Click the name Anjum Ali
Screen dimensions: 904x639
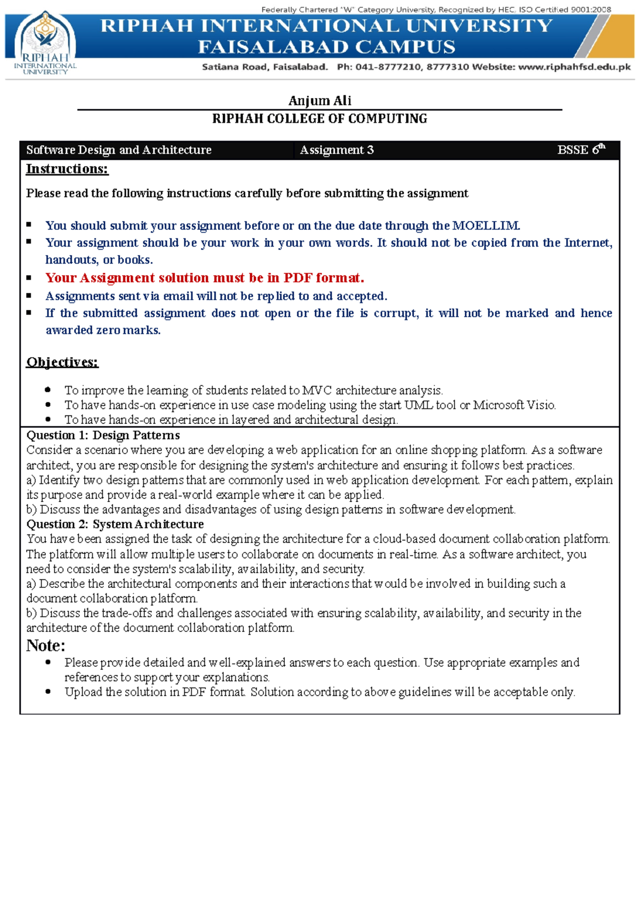pos(319,101)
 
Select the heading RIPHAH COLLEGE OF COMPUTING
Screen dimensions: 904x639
pos(319,119)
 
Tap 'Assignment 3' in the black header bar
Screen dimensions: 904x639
pos(337,150)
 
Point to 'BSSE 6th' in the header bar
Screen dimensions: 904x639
pos(580,150)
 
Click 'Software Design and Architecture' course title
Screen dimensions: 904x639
pos(119,150)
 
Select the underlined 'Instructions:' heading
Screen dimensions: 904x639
pos(67,169)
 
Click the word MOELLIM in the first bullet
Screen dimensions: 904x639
pos(485,226)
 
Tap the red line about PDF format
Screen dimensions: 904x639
pos(204,278)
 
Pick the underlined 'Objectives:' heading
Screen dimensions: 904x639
pos(62,362)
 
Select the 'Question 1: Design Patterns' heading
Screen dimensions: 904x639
pos(103,435)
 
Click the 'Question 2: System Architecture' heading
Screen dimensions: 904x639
pos(115,524)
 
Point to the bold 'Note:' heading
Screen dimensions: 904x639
pos(46,646)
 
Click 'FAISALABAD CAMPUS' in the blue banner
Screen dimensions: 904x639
pos(326,47)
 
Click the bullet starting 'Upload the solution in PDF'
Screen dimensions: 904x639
pos(319,692)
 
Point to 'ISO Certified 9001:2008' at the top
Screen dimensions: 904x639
pos(564,10)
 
